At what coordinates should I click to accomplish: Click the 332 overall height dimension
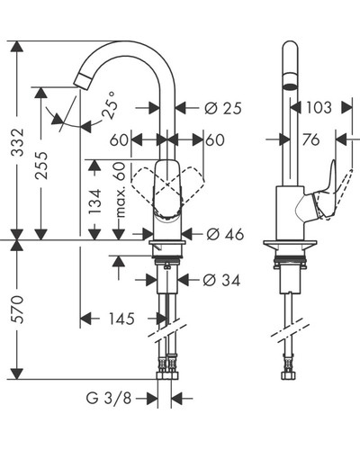[x=17, y=142]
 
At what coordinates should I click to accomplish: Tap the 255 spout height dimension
[x=41, y=166]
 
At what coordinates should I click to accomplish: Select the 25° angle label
[x=108, y=105]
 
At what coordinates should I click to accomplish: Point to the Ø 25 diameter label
[x=223, y=108]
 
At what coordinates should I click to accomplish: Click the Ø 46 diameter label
[x=225, y=234]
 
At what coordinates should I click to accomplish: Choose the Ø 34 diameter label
[x=221, y=281]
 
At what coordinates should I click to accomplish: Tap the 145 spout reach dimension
[x=121, y=319]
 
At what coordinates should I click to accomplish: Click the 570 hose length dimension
[x=17, y=310]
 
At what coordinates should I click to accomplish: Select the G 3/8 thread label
[x=109, y=399]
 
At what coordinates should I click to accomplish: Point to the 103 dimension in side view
[x=319, y=107]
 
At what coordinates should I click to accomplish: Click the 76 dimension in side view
[x=311, y=139]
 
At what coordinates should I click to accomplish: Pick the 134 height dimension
[x=95, y=201]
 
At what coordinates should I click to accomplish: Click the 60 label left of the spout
[x=119, y=139]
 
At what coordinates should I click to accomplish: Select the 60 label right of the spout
[x=215, y=139]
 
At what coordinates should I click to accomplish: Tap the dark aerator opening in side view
[x=291, y=86]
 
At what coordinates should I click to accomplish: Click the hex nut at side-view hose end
[x=288, y=375]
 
